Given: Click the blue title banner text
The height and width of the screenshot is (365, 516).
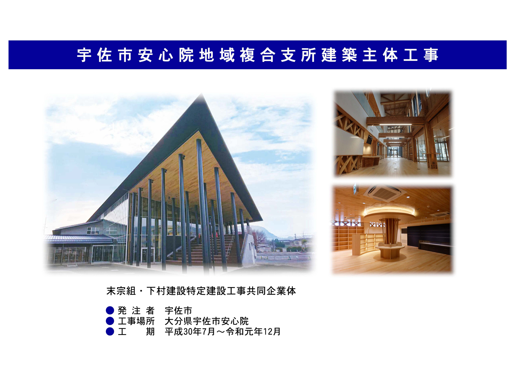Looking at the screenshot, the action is [258, 55].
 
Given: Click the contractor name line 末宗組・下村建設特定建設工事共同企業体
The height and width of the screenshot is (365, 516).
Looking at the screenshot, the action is [201, 291].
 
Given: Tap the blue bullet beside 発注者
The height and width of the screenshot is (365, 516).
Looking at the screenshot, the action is [110, 310].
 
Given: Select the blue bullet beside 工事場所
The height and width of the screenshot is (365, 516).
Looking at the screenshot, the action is [110, 321].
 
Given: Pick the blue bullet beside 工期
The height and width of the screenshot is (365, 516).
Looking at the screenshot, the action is [110, 331].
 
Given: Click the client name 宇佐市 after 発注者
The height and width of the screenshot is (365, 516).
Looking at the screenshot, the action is [179, 311].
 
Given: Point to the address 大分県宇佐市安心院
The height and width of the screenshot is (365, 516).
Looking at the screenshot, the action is [207, 321].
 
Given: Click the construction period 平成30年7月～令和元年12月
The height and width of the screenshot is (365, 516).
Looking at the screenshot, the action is [223, 332].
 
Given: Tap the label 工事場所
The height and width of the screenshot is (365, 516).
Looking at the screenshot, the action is [136, 321].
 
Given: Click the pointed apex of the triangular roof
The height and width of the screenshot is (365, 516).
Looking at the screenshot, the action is [202, 94].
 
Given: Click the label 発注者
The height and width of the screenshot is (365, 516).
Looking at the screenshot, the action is [136, 311].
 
